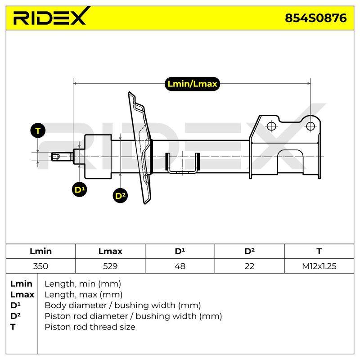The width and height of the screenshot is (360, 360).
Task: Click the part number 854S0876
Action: click(x=316, y=18)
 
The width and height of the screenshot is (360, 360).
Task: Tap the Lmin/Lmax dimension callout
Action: click(x=192, y=84)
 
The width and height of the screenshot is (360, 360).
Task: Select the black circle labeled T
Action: click(x=38, y=130)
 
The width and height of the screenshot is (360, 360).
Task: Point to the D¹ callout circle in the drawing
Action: click(x=79, y=189)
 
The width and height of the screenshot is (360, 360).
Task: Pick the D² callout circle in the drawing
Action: click(x=120, y=196)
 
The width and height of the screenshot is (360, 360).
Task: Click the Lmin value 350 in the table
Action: click(x=40, y=266)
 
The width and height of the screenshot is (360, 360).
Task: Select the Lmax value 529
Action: click(x=110, y=266)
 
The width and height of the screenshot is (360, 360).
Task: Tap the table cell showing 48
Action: click(x=180, y=266)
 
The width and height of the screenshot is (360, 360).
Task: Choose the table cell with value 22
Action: click(x=249, y=266)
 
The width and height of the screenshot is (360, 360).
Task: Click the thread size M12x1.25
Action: click(x=319, y=266)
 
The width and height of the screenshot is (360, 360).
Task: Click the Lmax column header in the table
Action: click(x=110, y=251)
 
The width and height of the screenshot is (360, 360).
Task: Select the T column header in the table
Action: click(x=319, y=251)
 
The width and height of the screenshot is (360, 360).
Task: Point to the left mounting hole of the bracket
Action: click(x=271, y=126)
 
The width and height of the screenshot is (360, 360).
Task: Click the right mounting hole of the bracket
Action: click(x=310, y=126)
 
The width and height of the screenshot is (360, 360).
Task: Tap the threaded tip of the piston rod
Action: click(x=56, y=157)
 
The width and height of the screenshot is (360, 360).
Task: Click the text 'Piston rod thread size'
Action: click(x=90, y=327)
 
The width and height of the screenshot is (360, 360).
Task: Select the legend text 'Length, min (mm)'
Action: click(x=83, y=284)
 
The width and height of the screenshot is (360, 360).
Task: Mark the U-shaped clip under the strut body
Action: click(x=183, y=163)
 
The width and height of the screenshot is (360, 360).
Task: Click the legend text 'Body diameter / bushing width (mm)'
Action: click(x=123, y=306)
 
